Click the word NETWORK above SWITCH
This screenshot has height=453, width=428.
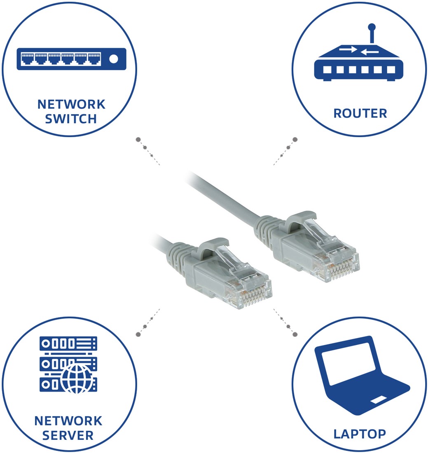coord(71,104)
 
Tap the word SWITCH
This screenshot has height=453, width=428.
coord(71,119)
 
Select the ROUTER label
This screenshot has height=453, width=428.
coord(360,113)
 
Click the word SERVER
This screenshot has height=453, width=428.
coord(68,435)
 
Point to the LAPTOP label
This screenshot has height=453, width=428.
coord(360,434)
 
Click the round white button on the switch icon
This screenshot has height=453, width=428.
coord(114,59)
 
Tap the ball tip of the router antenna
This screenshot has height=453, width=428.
coord(372,27)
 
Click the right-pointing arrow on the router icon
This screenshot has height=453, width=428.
coord(348,49)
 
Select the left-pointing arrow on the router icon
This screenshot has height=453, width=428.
coord(370,52)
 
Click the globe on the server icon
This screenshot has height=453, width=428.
coord(77,379)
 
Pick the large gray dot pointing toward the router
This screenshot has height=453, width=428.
coord(295,140)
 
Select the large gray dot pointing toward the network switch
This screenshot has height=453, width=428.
coord(138,140)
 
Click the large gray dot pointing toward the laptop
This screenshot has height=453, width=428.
coord(295,334)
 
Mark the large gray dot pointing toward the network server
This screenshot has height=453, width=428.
coord(138,334)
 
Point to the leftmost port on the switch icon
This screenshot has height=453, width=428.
coord(28,58)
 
